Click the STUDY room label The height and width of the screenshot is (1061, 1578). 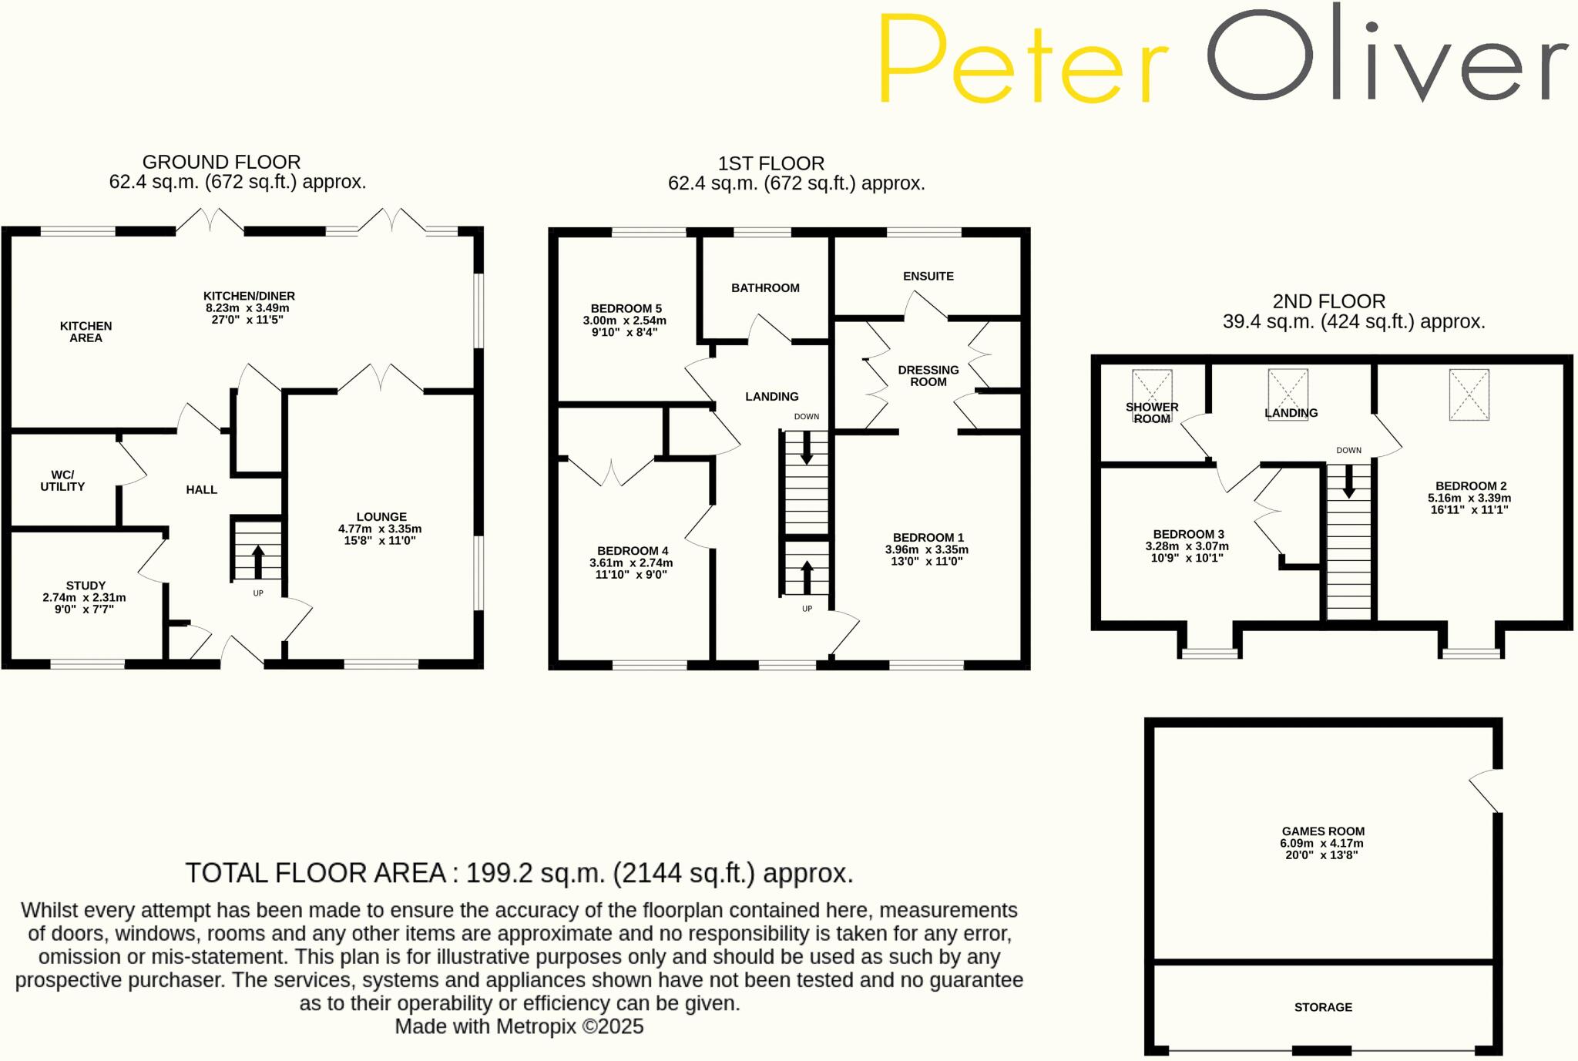tap(86, 586)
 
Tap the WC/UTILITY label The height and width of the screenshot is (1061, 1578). tap(62, 481)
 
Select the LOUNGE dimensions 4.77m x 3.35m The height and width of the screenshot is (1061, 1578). tap(380, 529)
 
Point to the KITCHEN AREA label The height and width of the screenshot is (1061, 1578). tap(86, 332)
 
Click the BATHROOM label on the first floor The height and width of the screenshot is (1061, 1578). tap(765, 288)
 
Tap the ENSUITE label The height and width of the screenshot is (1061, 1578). tap(928, 276)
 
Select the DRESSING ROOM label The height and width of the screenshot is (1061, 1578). tap(928, 376)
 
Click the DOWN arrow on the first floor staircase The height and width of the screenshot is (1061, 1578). tap(806, 448)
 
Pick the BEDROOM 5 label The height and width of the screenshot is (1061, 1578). tap(626, 308)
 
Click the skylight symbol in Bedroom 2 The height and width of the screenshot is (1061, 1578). tap(1469, 395)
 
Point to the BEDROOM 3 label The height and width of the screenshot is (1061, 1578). tap(1188, 534)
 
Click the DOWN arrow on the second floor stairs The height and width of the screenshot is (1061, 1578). tap(1348, 482)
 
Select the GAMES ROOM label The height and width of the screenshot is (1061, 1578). tap(1323, 831)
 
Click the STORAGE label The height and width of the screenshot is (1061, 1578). tap(1323, 1007)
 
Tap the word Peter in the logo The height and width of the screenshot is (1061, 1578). tap(1022, 62)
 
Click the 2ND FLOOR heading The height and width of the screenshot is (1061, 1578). tap(1328, 301)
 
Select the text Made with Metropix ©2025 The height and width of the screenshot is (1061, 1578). tap(519, 1026)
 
